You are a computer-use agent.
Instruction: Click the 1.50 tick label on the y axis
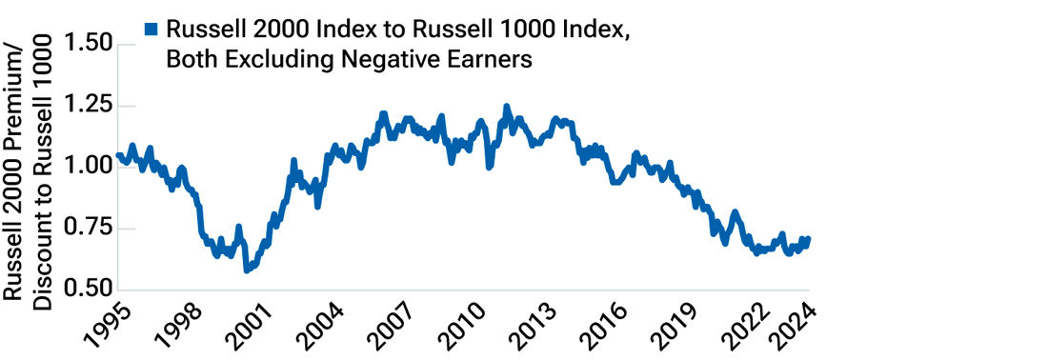(89, 45)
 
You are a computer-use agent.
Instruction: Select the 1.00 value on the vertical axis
(89, 167)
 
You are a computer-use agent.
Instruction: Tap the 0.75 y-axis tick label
(89, 229)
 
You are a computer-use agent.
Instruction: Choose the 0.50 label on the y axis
(89, 290)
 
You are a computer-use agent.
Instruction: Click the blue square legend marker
(151, 30)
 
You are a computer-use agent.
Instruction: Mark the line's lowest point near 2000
(247, 270)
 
